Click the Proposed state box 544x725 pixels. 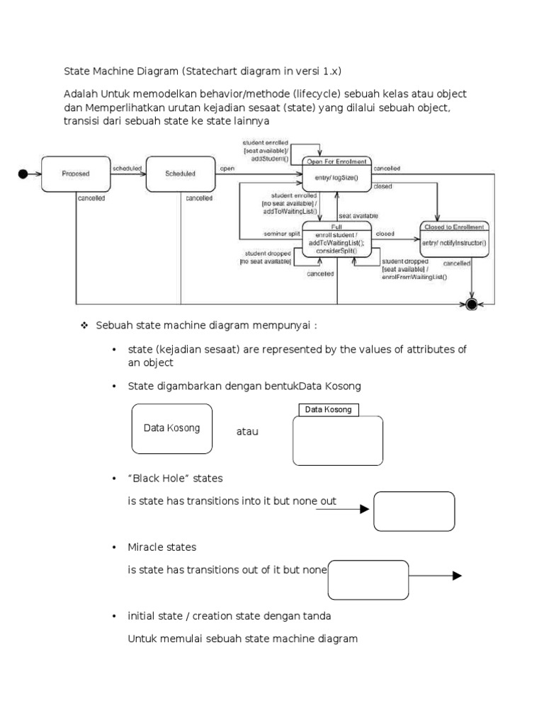(x=76, y=173)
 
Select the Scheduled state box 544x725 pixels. (x=180, y=173)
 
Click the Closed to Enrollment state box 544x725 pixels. (x=453, y=239)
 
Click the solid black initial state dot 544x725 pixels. (x=23, y=173)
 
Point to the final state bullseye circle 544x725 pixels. (x=471, y=304)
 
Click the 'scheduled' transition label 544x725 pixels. (x=127, y=169)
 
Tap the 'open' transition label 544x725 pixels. (x=227, y=169)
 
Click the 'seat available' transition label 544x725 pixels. (x=358, y=215)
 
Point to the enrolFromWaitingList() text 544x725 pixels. (x=415, y=277)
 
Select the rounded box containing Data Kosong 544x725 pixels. (x=171, y=428)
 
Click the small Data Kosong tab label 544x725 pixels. (x=328, y=410)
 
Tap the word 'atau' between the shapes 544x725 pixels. (x=247, y=431)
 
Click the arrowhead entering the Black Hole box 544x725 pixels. (x=365, y=509)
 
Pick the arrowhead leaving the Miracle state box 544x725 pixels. (x=457, y=576)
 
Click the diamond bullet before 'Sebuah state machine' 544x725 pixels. (x=84, y=325)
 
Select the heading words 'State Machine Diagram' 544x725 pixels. (x=120, y=72)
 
